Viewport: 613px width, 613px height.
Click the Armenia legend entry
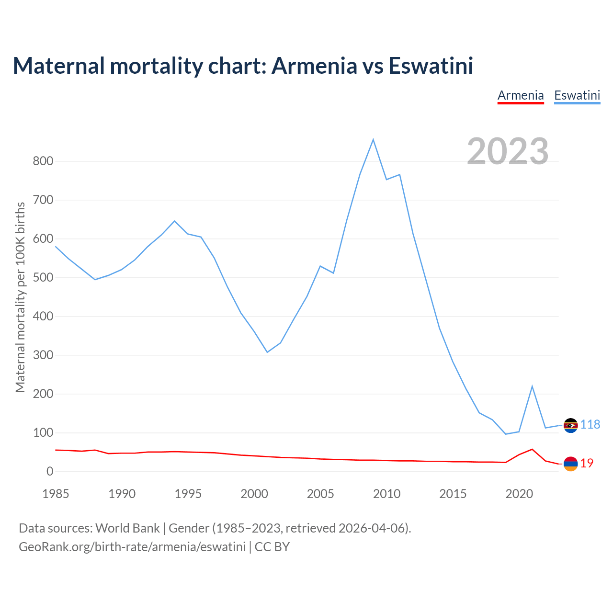coord(521,95)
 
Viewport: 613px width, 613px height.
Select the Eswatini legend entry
coord(577,95)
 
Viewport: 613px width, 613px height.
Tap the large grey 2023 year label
coord(508,151)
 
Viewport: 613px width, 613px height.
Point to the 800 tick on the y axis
coord(43,161)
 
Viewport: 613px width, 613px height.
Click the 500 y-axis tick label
coord(43,277)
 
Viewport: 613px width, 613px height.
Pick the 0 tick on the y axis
coord(50,472)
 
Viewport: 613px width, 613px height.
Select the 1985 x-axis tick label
coord(56,494)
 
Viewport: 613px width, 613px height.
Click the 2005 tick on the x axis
coord(320,494)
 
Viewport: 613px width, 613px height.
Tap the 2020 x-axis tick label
coord(519,494)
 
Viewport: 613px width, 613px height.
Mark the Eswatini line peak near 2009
coord(373,139)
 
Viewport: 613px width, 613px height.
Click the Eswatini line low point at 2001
coord(267,352)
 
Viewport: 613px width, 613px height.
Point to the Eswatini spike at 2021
coord(532,386)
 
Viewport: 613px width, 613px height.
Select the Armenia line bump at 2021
coord(532,449)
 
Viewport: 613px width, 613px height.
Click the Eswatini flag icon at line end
coord(570,425)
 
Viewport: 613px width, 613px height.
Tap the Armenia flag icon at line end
coord(570,464)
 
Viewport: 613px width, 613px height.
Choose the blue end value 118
coord(590,425)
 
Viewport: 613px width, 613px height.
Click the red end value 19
coord(587,463)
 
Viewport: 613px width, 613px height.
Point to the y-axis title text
coord(20,297)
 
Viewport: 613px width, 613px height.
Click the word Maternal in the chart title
coord(58,66)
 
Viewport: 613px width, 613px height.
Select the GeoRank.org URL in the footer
coord(132,546)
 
